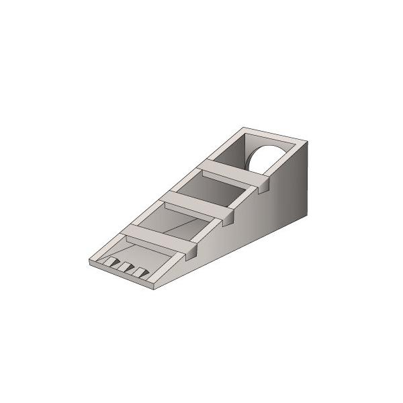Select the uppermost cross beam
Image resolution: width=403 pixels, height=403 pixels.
coord(232,171)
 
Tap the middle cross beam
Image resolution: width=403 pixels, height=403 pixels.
coord(195,204)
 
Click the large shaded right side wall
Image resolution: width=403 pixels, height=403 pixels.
coord(269,215)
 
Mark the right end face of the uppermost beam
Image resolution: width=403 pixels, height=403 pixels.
coord(263,185)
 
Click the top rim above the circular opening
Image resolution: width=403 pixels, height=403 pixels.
coord(269,134)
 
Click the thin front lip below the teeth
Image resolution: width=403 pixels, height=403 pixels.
coord(121,275)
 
